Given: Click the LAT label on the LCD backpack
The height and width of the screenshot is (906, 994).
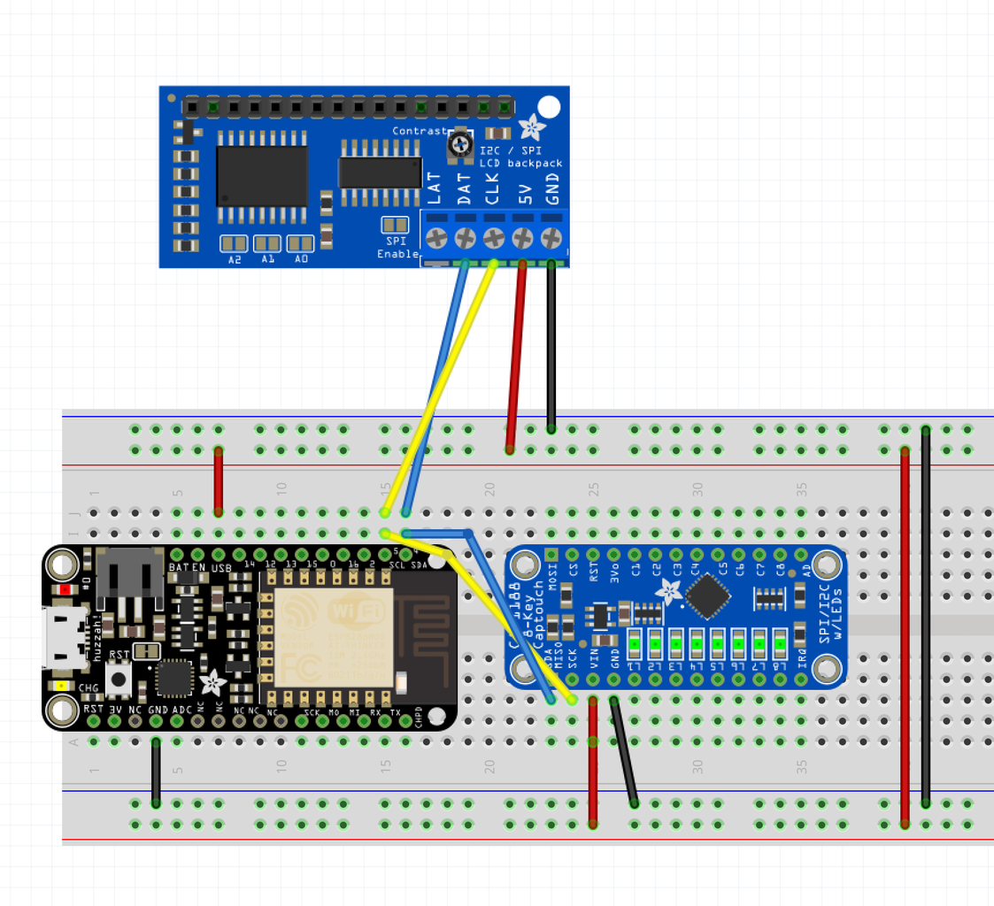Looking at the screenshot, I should point(435,188).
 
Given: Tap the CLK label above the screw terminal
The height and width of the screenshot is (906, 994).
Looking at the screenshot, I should point(493,188).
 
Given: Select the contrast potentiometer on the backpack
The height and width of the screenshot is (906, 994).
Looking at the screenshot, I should point(459,145).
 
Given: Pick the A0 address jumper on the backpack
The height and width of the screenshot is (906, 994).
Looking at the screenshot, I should point(301,243).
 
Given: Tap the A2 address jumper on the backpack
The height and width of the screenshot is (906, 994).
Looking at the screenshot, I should point(234,243).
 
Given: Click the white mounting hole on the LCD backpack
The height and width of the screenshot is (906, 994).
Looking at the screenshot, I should point(549,108).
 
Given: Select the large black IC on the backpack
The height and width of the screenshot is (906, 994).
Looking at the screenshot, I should point(262,175).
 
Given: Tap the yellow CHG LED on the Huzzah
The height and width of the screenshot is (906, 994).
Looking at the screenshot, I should point(61,686).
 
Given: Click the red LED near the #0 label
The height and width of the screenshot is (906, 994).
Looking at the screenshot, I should point(65,589).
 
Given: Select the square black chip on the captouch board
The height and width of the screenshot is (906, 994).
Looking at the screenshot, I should point(708,596).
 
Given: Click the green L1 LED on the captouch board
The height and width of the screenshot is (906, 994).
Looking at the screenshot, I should point(633,641).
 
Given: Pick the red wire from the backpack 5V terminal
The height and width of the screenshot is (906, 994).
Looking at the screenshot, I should point(516,354).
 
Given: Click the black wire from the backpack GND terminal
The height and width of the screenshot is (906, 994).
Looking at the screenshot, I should point(551,345).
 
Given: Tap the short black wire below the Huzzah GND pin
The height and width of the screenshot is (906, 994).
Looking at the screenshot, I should point(156,772).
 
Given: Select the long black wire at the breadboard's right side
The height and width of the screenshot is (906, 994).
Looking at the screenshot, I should point(926,619).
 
